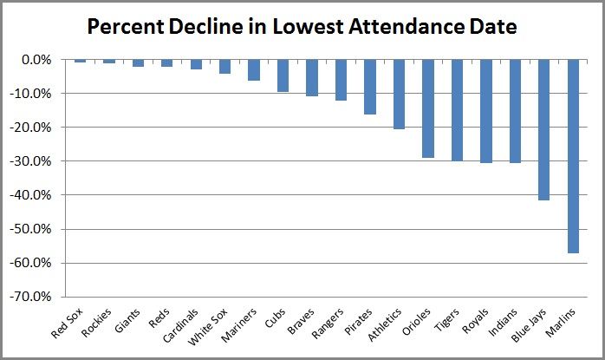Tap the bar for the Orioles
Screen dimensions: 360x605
[428, 108]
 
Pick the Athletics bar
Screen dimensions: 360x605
[400, 95]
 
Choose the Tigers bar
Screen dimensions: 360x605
[457, 110]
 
